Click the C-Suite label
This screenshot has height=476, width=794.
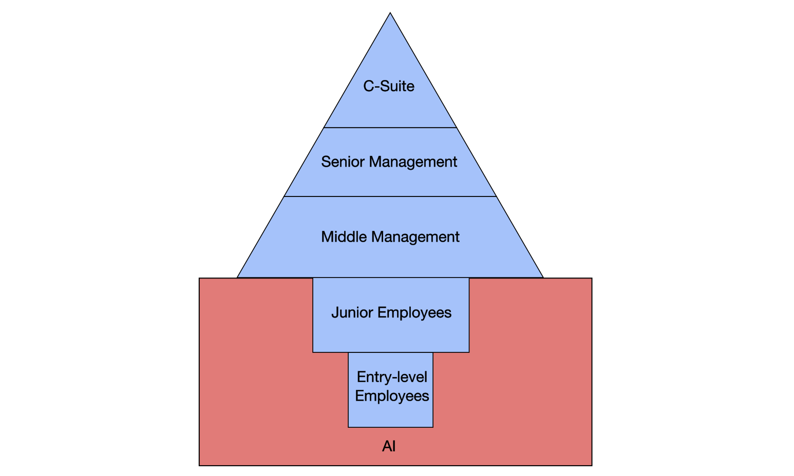tap(389, 86)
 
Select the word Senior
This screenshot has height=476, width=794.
tap(343, 162)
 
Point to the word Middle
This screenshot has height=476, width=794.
tap(344, 237)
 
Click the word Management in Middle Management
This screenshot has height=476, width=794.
tap(415, 237)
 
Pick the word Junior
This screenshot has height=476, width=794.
tap(352, 312)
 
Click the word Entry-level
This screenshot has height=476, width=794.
tap(392, 378)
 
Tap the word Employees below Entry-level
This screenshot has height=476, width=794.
tap(392, 396)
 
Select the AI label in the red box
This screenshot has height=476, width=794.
tap(389, 446)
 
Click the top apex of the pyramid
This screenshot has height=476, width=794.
tap(390, 13)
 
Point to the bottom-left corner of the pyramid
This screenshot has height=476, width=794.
tap(237, 277)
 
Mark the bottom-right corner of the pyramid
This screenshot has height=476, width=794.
tap(543, 277)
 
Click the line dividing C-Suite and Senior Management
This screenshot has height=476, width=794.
tap(390, 127)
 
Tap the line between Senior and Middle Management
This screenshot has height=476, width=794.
tap(390, 196)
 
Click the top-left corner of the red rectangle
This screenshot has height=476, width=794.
tap(199, 278)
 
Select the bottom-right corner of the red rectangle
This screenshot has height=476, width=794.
tap(592, 465)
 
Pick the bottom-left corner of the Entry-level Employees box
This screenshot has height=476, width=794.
tap(348, 427)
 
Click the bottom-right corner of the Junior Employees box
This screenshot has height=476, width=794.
tap(469, 352)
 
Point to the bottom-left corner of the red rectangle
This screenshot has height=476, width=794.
tap(199, 465)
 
